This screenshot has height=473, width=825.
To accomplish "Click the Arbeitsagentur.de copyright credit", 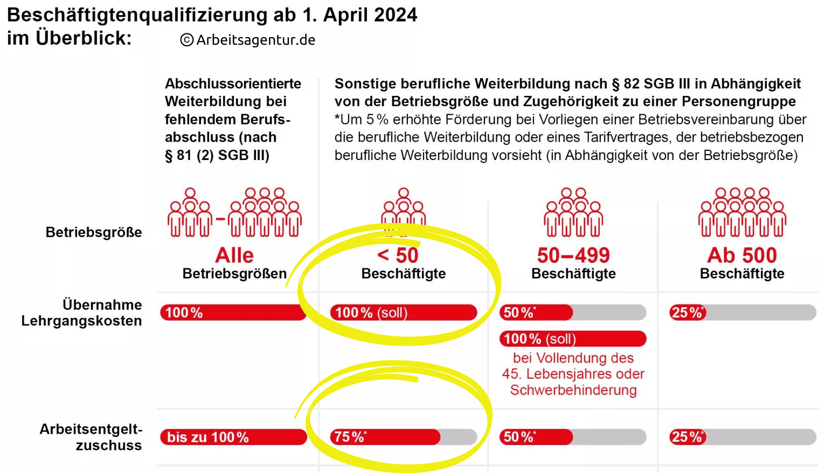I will pos(248,40).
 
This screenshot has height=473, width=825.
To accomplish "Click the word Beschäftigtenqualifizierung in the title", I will pos(137,15).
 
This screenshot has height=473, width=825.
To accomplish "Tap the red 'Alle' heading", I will pos(234,255).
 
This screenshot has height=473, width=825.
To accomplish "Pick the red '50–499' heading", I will pos(573,255).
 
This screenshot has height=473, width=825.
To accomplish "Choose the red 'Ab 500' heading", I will pos(742,255).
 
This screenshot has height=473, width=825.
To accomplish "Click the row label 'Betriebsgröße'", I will pos(94,232).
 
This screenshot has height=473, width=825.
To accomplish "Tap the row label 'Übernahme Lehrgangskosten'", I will pos(82,312).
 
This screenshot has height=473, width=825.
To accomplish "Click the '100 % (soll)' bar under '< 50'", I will pos(403,312).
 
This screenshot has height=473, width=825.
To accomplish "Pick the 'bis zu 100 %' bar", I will pos(233,437).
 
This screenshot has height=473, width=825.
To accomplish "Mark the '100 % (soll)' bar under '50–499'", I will pos(573,339).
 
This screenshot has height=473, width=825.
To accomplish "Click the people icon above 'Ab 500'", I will pos(742,213).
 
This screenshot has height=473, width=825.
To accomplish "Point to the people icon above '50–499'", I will pos(573,213).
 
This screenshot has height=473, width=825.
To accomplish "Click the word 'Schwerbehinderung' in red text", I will pos(573,390).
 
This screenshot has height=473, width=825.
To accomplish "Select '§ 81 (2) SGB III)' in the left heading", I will pos(217,155).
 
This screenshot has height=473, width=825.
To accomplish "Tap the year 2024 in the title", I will pos(396,15).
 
